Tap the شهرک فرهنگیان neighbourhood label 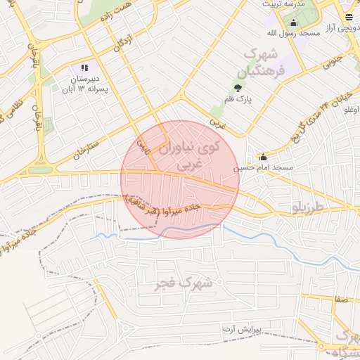click(265, 63)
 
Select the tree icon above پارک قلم click(238, 88)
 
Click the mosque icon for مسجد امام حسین click(263, 157)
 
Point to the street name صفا click(342, 300)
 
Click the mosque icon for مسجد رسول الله click(293, 22)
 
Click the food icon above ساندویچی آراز click(349, 17)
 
